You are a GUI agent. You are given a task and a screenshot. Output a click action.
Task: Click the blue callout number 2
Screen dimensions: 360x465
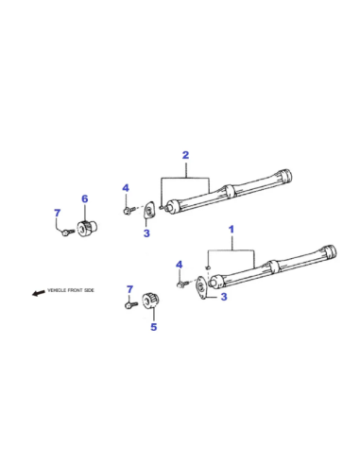tap(185, 155)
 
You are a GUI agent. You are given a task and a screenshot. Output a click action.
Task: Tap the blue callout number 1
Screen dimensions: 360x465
tap(231, 230)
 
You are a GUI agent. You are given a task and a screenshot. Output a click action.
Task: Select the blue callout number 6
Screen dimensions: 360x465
tap(85, 198)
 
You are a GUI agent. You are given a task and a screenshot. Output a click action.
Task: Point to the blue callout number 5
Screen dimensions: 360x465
tap(153, 327)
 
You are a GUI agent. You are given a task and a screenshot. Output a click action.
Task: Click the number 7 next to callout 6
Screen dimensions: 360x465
tap(57, 213)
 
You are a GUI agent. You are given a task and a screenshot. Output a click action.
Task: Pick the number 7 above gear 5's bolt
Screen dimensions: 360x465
tap(129, 289)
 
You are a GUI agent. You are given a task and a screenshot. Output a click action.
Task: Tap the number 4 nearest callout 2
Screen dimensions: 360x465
tap(126, 188)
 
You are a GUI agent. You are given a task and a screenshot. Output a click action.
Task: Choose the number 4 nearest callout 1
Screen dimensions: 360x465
tap(180, 265)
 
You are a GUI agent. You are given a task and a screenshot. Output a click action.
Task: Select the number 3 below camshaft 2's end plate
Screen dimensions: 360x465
tap(146, 233)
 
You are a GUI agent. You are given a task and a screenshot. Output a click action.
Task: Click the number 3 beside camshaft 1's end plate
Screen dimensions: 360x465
tap(224, 297)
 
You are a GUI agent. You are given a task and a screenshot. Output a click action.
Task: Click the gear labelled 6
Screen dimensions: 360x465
tap(87, 228)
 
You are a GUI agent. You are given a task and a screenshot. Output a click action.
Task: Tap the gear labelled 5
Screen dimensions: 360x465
tap(150, 300)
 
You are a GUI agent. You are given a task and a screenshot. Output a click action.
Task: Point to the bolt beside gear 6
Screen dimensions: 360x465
tap(68, 232)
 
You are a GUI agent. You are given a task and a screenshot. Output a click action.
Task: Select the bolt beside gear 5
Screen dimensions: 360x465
tap(131, 304)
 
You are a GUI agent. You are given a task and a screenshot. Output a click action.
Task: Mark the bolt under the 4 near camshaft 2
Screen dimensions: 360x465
tap(129, 210)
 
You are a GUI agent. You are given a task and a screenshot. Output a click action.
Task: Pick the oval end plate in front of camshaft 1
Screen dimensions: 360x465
tap(200, 287)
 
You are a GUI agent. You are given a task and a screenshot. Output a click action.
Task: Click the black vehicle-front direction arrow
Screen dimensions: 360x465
tap(39, 293)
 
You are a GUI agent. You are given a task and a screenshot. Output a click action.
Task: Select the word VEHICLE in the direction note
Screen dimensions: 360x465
tap(57, 290)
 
